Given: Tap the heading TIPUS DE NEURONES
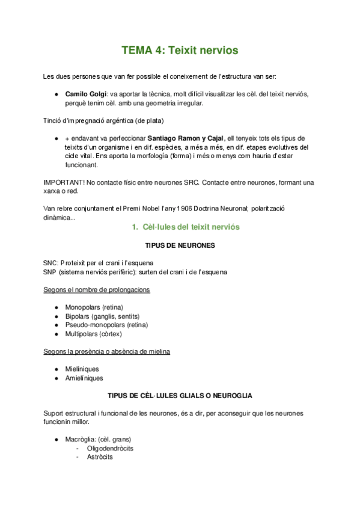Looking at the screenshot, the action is coord(180,246).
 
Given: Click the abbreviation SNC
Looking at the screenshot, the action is coord(52,263).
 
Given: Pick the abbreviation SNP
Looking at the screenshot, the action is coord(52,272).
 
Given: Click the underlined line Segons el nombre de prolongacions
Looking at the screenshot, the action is coord(97,289).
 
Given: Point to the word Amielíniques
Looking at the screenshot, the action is coord(84,378).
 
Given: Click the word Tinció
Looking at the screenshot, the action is coord(54,120).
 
